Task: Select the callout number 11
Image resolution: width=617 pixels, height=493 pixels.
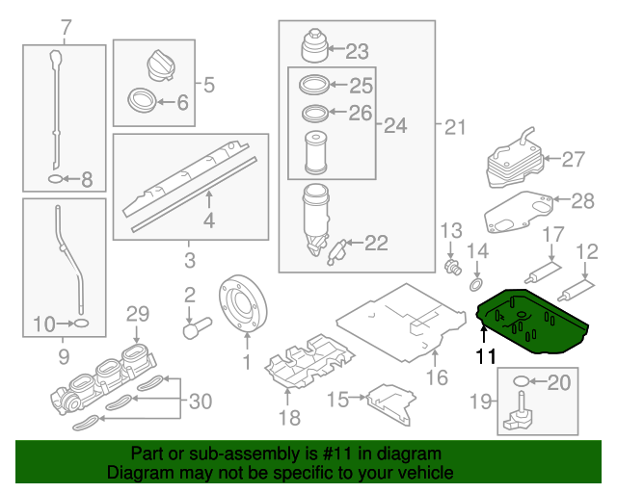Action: tap(488, 355)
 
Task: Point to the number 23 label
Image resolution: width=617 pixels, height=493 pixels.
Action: tap(357, 51)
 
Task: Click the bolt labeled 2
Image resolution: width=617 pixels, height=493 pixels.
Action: tap(196, 325)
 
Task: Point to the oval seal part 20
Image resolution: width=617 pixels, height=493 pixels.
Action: tap(522, 382)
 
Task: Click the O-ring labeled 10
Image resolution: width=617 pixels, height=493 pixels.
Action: tap(82, 324)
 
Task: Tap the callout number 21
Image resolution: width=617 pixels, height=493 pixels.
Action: tap(454, 126)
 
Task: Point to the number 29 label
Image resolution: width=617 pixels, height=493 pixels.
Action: tap(138, 313)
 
